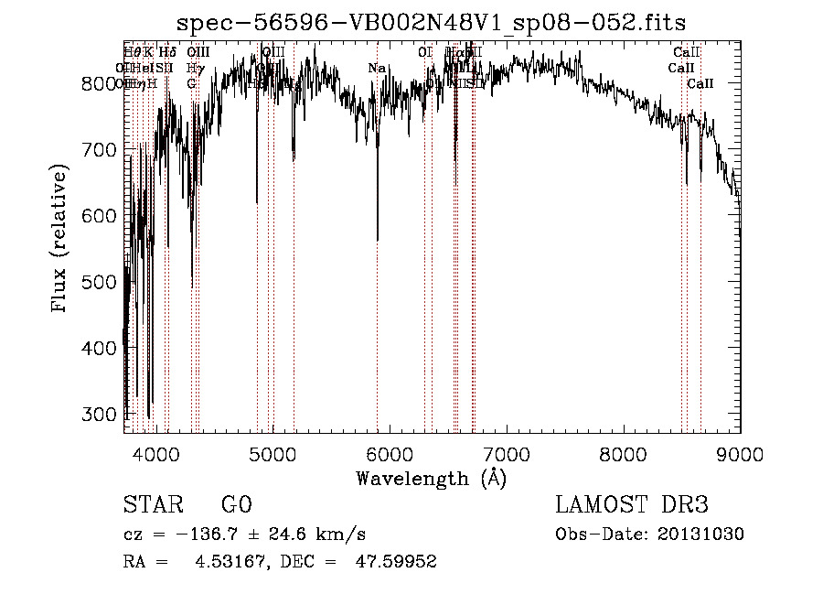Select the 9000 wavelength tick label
pyautogui.click(x=740, y=452)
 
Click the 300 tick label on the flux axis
pyautogui.click(x=102, y=414)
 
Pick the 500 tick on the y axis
pyautogui.click(x=102, y=282)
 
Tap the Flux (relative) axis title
pyautogui.click(x=61, y=240)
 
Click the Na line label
pyautogui.click(x=377, y=68)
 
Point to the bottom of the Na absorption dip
pyautogui.click(x=378, y=240)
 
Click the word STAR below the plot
pyautogui.click(x=153, y=505)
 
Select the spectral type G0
pyautogui.click(x=236, y=505)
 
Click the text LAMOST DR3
pyautogui.click(x=631, y=505)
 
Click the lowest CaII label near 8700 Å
pyautogui.click(x=700, y=84)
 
